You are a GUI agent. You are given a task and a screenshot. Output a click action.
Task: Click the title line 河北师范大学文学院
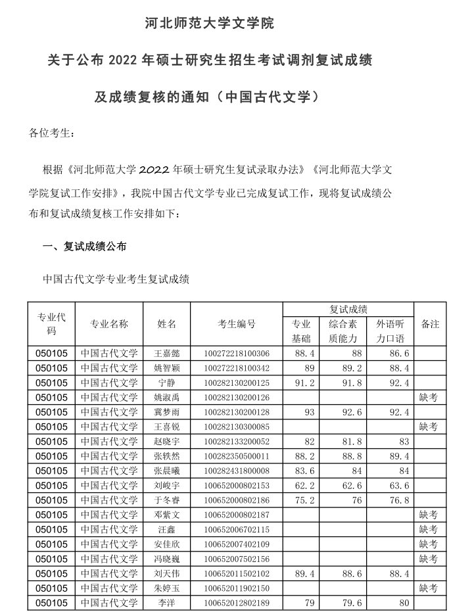point(209,24)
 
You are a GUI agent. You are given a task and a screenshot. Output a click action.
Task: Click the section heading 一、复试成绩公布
point(85,247)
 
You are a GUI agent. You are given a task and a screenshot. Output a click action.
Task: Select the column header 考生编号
point(237,324)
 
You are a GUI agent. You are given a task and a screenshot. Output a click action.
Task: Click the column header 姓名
point(166,324)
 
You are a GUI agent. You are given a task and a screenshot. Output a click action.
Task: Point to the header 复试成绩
point(348,310)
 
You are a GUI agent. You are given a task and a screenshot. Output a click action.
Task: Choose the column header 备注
point(430,324)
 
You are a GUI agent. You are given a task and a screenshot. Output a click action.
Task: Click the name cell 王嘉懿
point(166,354)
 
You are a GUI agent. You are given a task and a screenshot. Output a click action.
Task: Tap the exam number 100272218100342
point(237,368)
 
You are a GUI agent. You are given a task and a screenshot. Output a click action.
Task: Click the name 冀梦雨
point(166,412)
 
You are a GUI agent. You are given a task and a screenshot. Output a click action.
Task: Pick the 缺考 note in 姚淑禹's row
point(429,398)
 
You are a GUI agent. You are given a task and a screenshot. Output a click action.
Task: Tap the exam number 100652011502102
point(237,573)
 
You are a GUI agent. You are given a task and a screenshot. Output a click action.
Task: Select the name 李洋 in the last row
point(166,603)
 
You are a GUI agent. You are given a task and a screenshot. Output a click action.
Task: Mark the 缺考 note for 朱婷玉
point(429,588)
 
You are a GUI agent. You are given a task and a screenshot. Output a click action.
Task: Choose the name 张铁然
point(166,456)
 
